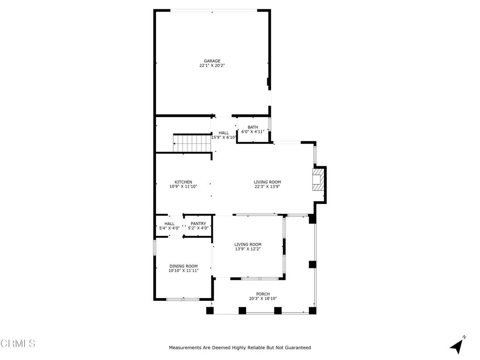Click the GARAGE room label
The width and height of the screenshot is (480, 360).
(x=212, y=61)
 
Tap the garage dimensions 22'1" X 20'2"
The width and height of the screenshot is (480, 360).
(x=212, y=66)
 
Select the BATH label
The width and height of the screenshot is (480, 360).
(x=253, y=127)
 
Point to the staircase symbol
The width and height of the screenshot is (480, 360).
(x=193, y=143)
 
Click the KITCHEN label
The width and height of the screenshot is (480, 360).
(x=183, y=182)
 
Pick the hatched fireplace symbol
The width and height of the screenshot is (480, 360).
(x=318, y=180)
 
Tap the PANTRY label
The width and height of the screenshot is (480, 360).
(x=198, y=224)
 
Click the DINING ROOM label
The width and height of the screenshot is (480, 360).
(x=184, y=266)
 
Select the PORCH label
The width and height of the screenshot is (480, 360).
(x=263, y=294)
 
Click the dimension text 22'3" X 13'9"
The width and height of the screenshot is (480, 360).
(x=267, y=187)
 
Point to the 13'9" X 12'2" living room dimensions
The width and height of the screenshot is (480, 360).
(x=247, y=249)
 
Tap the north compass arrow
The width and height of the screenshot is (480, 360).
(x=457, y=345)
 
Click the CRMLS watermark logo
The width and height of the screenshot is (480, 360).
(x=18, y=343)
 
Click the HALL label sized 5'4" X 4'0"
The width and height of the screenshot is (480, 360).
(x=169, y=224)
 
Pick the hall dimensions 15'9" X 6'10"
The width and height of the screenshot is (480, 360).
(x=224, y=137)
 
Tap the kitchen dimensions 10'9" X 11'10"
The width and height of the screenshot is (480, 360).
(x=183, y=187)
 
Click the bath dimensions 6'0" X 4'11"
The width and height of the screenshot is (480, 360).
(x=253, y=132)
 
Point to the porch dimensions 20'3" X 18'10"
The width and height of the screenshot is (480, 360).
(x=263, y=299)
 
